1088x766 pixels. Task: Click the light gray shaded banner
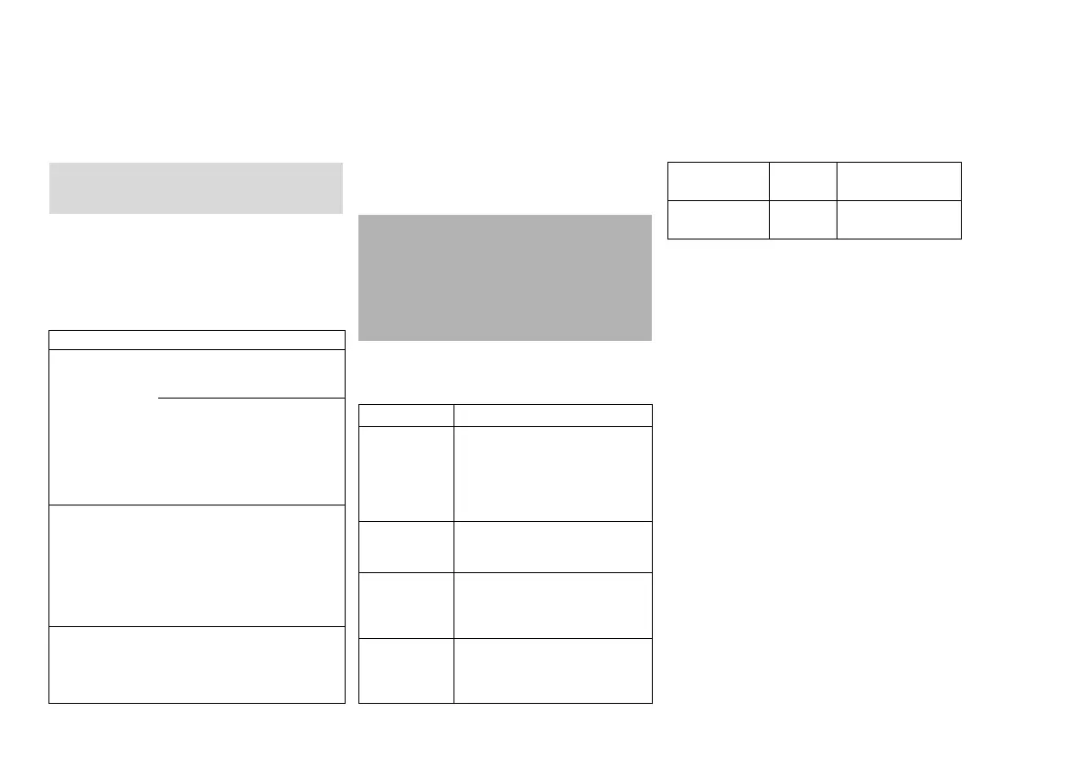[196, 187]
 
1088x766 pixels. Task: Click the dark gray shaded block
[505, 277]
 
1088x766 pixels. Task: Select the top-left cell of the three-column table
[718, 181]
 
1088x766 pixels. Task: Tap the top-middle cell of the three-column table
[803, 181]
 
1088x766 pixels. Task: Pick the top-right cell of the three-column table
[899, 181]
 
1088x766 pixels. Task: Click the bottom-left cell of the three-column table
[718, 219]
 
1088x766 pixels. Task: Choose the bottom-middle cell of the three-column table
[803, 219]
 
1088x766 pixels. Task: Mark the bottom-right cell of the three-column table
[899, 219]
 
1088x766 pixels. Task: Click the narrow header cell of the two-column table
[406, 415]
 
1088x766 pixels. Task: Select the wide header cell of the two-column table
[552, 415]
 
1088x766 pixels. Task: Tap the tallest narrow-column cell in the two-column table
[406, 473]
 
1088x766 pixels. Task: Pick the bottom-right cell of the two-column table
[552, 670]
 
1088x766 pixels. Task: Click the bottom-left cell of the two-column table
[406, 670]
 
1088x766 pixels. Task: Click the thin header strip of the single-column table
[197, 339]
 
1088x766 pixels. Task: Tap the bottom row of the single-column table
[197, 665]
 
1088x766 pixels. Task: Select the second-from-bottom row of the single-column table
[197, 565]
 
